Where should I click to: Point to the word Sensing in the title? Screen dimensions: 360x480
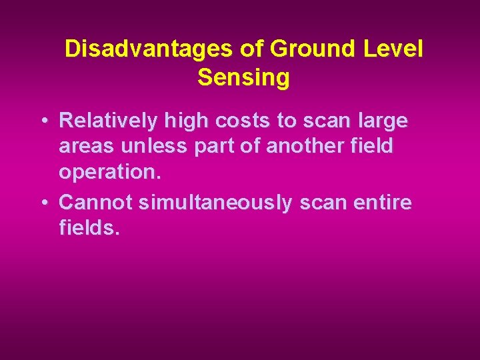pos(243,78)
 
